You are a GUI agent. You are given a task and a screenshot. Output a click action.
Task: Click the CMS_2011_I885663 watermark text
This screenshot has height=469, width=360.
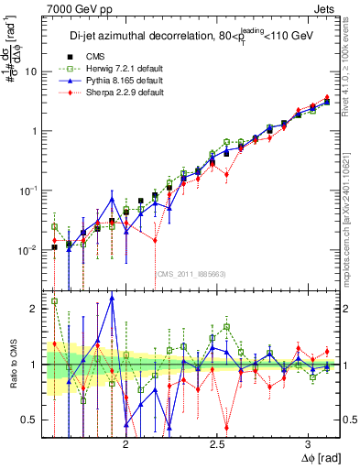pyautogui.click(x=191, y=273)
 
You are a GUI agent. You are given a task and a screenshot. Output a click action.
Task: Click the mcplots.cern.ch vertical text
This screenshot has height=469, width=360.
pyautogui.click(x=352, y=211)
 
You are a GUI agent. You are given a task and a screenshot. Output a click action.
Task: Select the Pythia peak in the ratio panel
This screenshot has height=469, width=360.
pyautogui.click(x=112, y=298)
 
